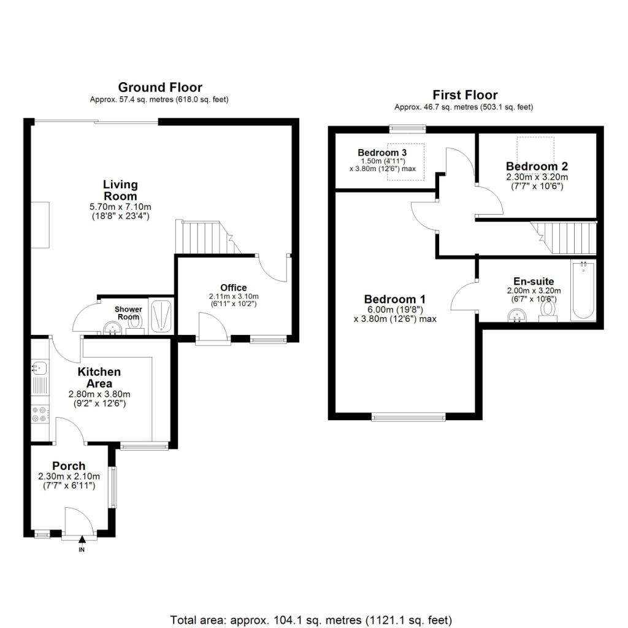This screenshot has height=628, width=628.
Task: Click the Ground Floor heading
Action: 160,87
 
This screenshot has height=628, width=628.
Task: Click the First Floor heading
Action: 465,95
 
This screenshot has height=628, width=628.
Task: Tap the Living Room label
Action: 120,190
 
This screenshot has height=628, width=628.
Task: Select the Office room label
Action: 234,288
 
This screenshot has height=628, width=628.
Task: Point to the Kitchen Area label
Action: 99,377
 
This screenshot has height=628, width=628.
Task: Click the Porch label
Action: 69,466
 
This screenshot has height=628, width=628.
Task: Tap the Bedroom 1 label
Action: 395,299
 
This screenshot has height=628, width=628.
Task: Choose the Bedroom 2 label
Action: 537,166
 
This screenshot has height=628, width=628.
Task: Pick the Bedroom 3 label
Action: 382,153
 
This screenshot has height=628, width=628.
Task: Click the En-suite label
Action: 534,281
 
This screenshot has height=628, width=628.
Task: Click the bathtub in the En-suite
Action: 584,290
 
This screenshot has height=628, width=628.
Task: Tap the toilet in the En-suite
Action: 548,312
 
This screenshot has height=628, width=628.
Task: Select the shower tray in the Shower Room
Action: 161,316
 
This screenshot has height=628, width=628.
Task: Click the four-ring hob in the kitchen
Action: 40,414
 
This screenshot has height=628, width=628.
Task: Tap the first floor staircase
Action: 564,238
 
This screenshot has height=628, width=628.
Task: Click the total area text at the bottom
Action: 311,621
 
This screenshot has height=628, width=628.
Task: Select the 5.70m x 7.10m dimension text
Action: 120,207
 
